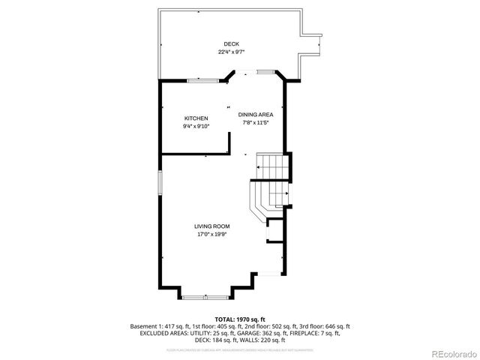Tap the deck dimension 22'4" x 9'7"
(232, 52)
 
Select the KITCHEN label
(196, 118)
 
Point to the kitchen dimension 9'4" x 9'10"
(196, 127)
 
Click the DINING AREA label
(256, 114)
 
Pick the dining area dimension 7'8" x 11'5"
(256, 122)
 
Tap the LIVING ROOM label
(211, 226)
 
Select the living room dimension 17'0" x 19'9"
(211, 234)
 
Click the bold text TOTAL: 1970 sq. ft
(239, 319)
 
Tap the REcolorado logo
(451, 352)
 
